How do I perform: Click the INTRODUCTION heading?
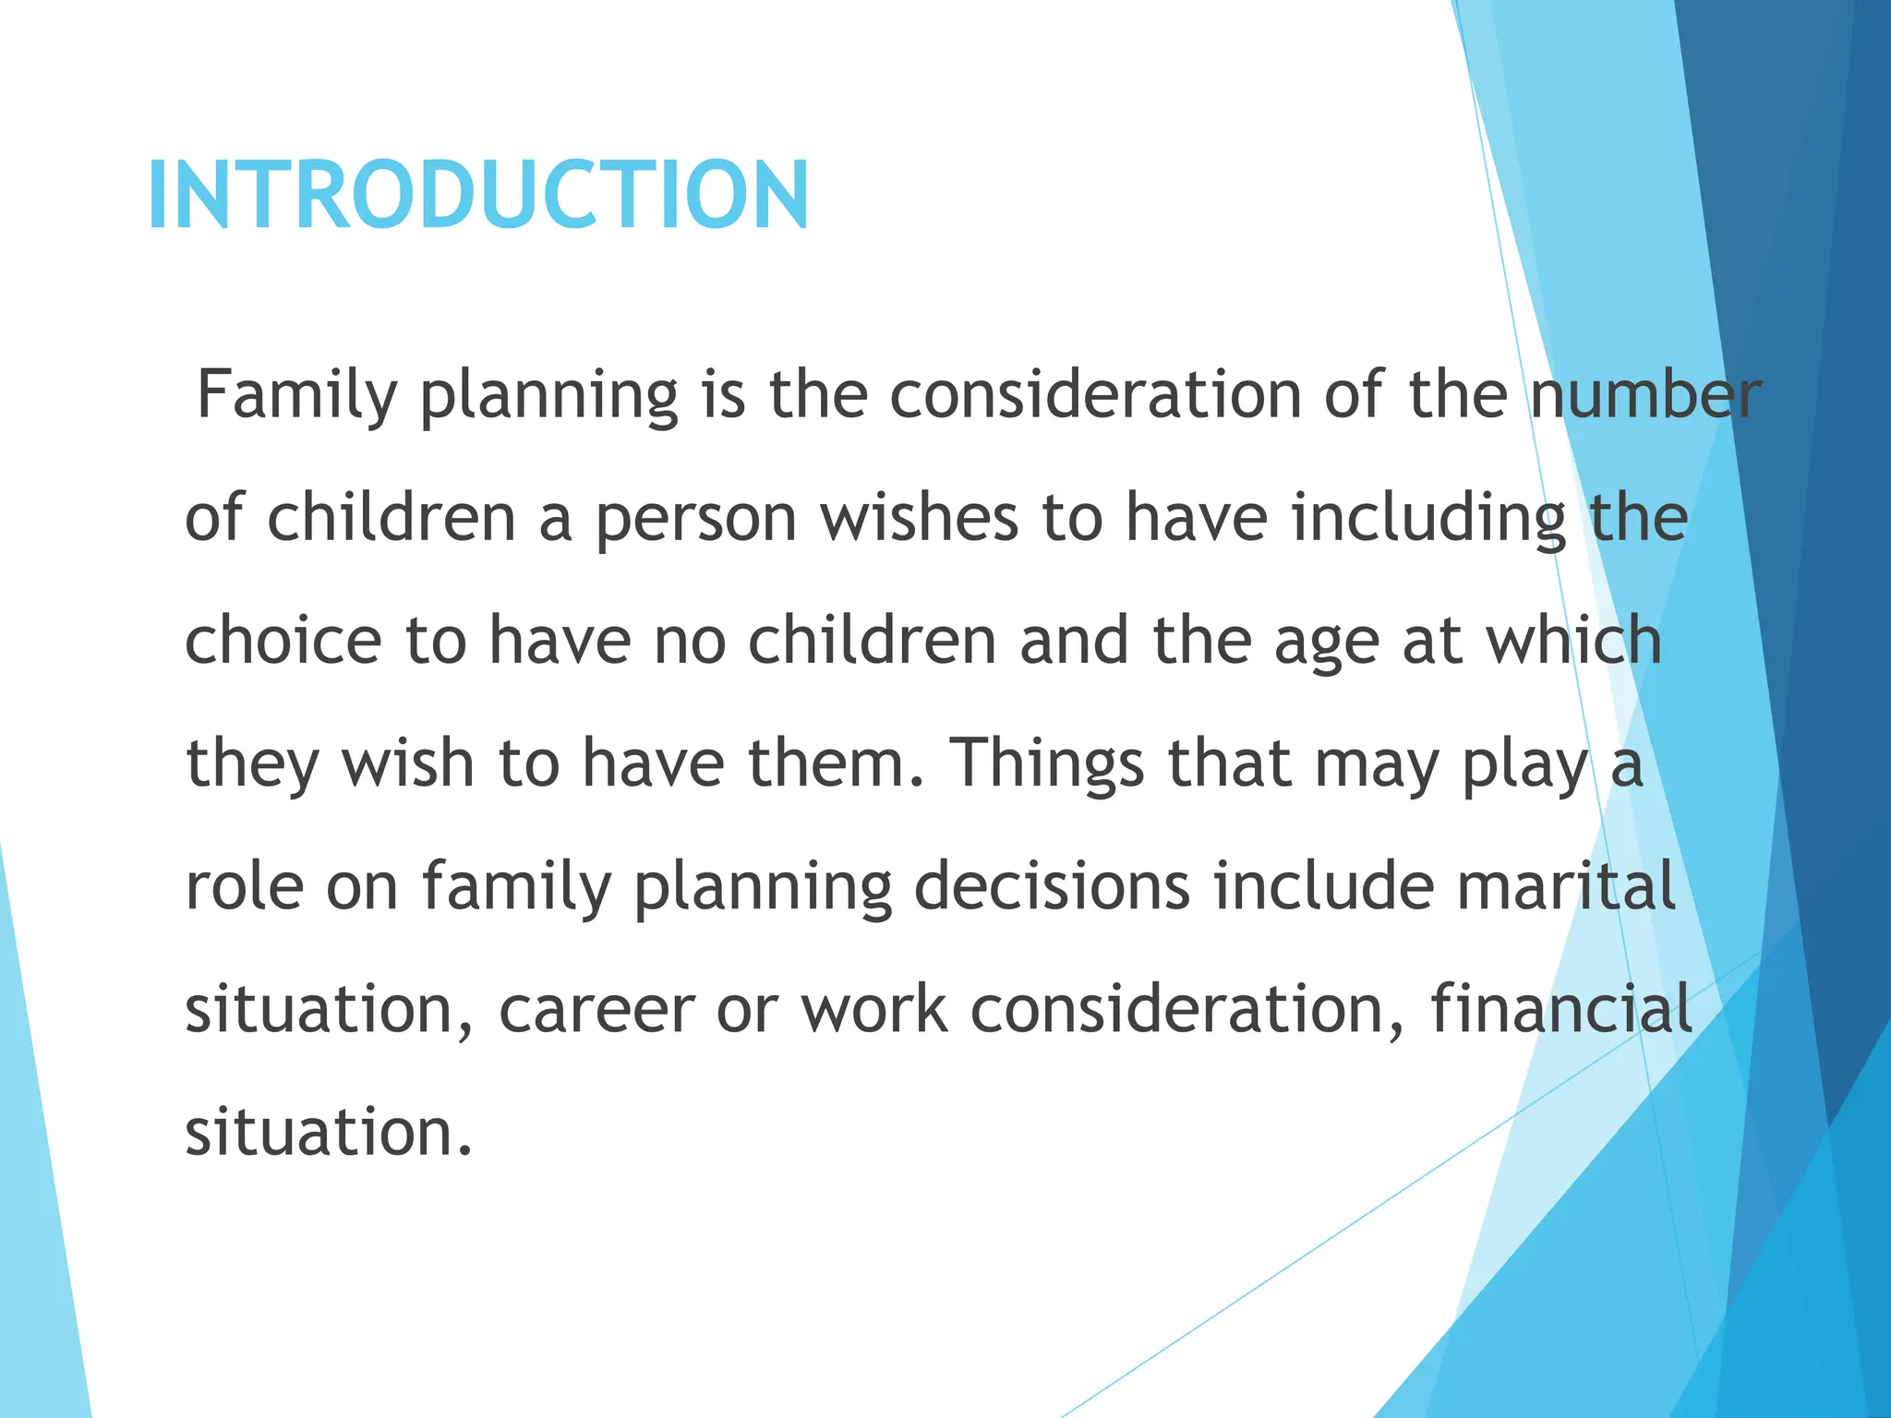477,195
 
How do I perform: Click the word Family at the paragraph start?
296,395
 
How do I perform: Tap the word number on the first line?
1645,395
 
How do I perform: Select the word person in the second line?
695,518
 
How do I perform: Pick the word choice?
283,641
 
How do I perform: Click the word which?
1573,641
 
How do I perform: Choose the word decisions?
1052,886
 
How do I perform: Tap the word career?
596,1010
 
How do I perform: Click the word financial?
1561,1008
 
